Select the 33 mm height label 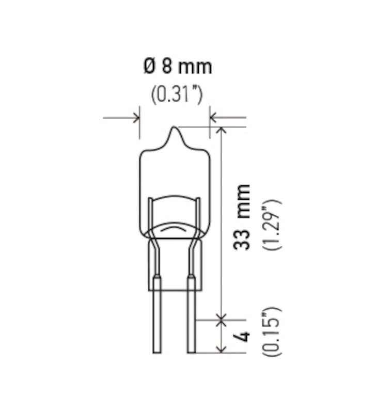click(x=242, y=217)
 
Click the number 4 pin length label click(x=243, y=336)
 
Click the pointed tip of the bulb click(x=176, y=130)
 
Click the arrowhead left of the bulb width click(x=136, y=118)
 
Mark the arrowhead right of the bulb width click(x=213, y=118)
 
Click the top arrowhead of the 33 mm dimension click(x=222, y=130)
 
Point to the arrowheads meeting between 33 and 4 click(x=222, y=320)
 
